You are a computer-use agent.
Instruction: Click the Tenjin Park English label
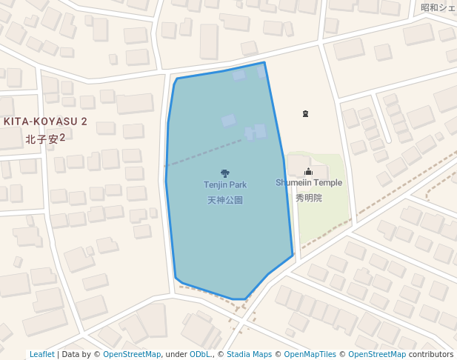(x=225, y=184)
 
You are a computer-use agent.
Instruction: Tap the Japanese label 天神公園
(x=225, y=200)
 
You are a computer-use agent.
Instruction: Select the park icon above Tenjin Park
(x=225, y=173)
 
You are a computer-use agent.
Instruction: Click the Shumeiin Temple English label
(x=309, y=183)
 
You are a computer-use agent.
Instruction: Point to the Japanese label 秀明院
(x=309, y=198)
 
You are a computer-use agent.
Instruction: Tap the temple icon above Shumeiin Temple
(x=309, y=172)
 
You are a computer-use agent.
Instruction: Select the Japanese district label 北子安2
(x=46, y=139)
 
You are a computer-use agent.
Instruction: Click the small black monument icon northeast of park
(x=305, y=113)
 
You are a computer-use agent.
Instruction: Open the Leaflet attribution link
(x=41, y=355)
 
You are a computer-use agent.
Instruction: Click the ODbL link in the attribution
(x=200, y=355)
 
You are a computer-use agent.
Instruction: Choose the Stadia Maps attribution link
(x=249, y=355)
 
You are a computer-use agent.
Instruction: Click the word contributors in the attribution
(x=431, y=355)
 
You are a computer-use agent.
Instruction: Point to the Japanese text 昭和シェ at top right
(x=438, y=7)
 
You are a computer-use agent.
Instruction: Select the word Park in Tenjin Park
(x=238, y=184)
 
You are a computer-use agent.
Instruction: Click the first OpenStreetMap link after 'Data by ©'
(x=132, y=355)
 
